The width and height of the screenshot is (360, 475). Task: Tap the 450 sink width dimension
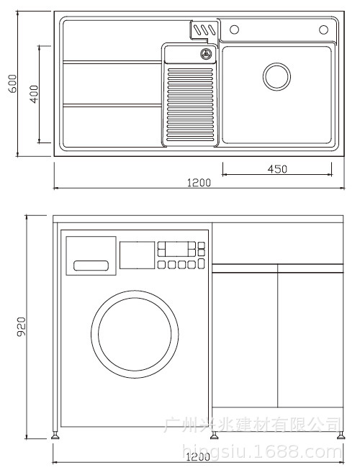pos(277,169)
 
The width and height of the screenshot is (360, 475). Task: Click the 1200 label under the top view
pos(199,183)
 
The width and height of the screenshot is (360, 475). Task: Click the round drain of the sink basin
pos(276,76)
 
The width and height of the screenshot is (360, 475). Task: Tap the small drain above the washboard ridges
pos(205,54)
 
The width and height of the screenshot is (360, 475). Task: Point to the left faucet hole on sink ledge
pos(233,30)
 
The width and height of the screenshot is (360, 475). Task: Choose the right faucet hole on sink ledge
pos(323,30)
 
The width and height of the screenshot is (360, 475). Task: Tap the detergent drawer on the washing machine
pos(91,255)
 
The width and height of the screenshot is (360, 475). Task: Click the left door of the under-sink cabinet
pos(245,349)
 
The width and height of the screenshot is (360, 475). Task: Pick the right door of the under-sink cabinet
pos(310,349)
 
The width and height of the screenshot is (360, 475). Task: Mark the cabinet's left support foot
pos(55,435)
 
